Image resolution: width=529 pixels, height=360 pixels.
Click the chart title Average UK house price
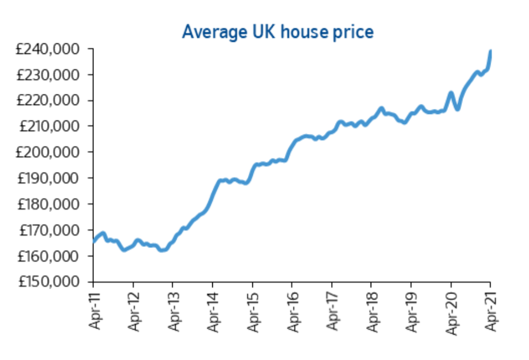[277, 32]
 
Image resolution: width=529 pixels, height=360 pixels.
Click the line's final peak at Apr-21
[491, 51]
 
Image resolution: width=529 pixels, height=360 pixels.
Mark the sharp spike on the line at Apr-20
[451, 93]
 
